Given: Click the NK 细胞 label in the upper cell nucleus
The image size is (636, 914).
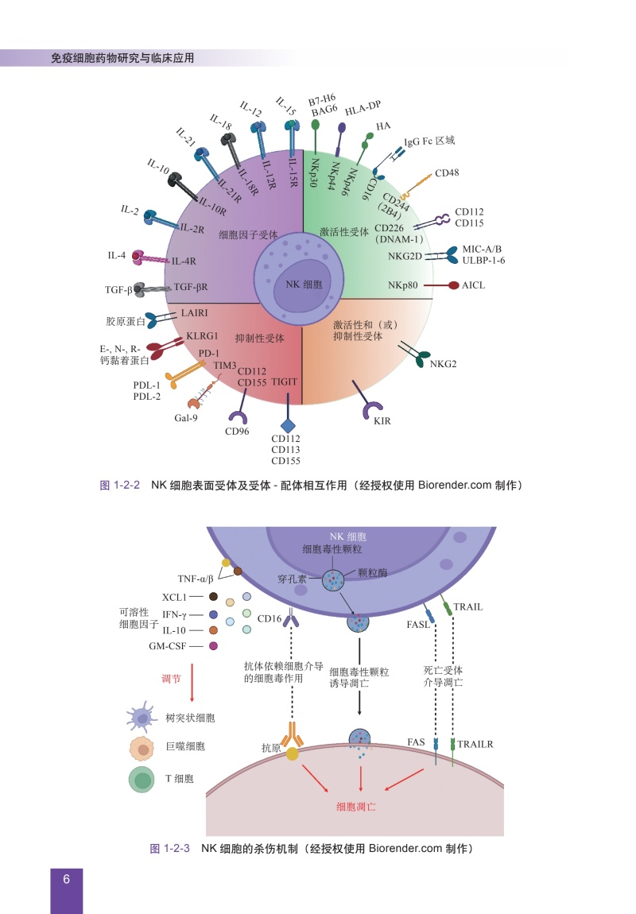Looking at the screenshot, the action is (304, 285).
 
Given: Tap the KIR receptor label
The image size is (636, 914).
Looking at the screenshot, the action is (382, 421).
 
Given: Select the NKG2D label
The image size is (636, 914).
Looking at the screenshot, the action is (405, 256).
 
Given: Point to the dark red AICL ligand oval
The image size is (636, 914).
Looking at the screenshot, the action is (453, 285).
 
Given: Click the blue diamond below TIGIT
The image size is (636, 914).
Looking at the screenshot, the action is (288, 425).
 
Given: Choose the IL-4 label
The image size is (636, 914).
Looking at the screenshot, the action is (117, 255).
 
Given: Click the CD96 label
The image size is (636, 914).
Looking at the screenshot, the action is (237, 432).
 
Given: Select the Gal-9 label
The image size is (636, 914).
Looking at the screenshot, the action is (186, 418).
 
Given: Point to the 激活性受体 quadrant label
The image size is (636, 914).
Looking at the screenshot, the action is (344, 232).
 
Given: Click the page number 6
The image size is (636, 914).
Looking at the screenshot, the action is (67, 879).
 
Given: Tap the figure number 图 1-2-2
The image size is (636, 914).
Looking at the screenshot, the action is (120, 485).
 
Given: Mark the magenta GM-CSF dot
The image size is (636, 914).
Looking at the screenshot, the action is (213, 646).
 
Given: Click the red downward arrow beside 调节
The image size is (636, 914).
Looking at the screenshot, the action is (192, 682).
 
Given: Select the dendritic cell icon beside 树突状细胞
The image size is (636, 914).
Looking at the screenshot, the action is (142, 718).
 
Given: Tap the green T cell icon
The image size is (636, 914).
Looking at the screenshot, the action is (142, 780).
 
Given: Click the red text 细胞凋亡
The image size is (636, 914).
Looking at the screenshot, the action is (356, 807).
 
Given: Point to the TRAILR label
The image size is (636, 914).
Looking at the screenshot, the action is (475, 744).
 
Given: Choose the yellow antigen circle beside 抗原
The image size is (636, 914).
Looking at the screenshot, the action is (292, 753).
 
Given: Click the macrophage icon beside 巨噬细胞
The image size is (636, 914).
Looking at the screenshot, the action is (142, 749).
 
